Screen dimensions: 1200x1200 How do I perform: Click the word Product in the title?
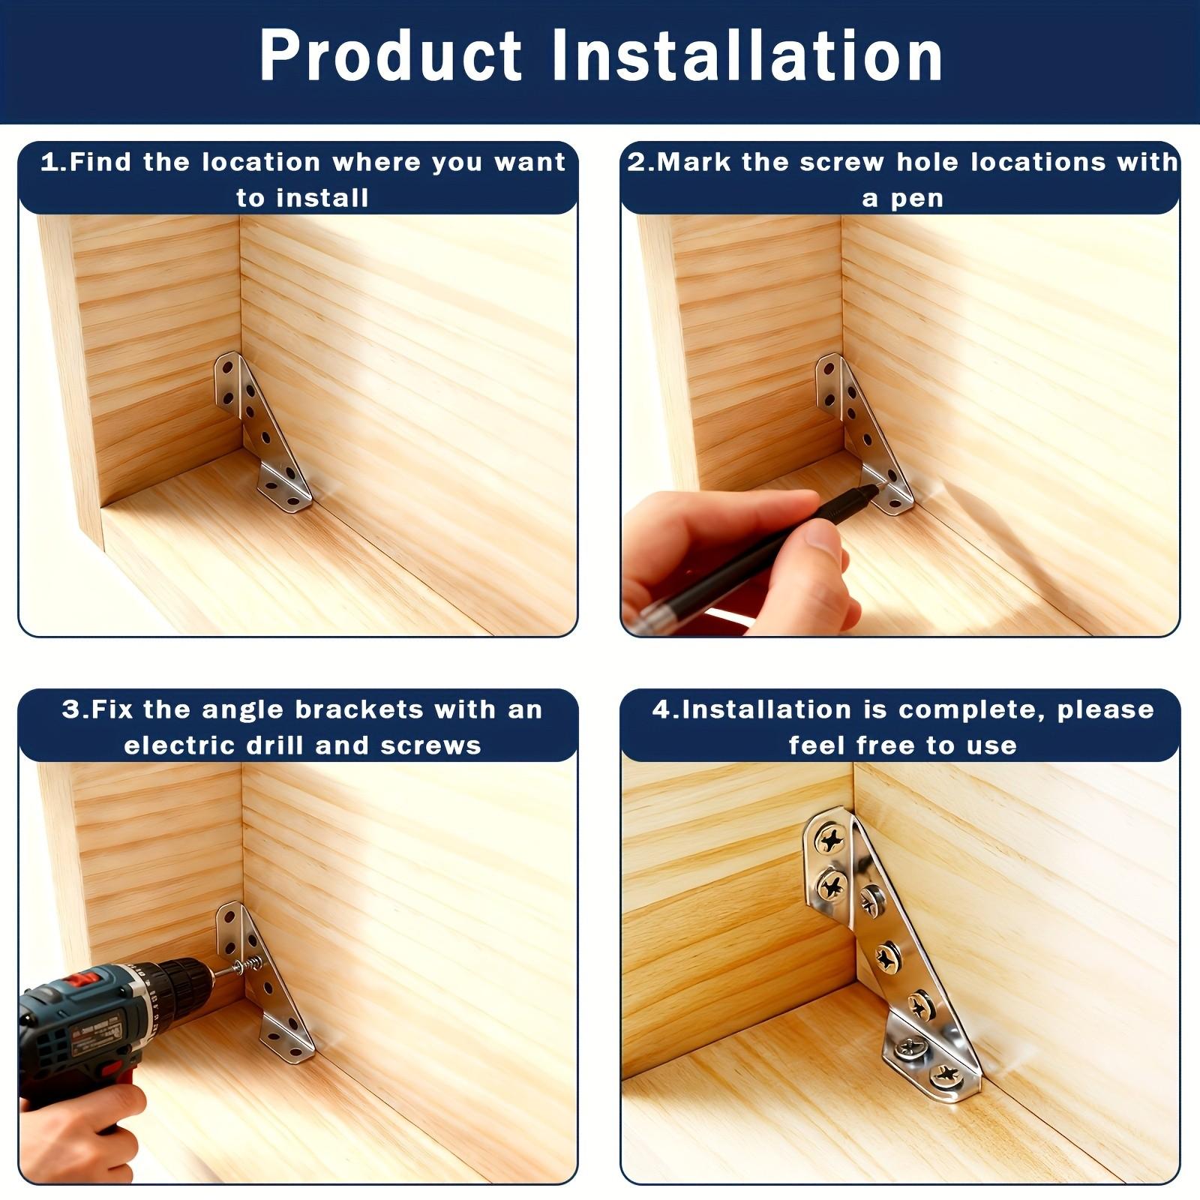[390, 56]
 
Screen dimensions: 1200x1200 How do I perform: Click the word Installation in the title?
[748, 56]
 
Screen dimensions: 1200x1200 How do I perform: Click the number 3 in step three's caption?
[70, 709]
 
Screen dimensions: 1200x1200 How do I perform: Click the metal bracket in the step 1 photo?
[262, 435]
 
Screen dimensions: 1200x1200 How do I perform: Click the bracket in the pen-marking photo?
[862, 435]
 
